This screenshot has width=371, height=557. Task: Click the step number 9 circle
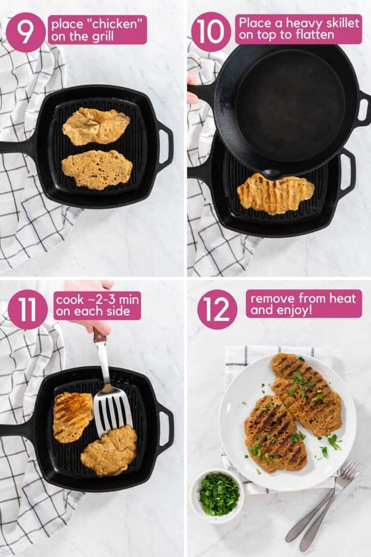click(x=26, y=32)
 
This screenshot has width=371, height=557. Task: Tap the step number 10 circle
click(x=211, y=32)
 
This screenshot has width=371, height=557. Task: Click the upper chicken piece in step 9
click(x=96, y=126)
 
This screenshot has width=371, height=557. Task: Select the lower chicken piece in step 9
click(x=97, y=170)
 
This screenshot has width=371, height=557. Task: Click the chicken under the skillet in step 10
click(x=275, y=193)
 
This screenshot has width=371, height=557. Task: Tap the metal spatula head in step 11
click(x=112, y=410)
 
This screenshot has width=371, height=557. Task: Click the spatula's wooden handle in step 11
click(x=100, y=336)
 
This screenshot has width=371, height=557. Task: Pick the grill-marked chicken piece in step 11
click(x=72, y=416)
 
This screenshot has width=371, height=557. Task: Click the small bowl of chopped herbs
click(x=219, y=494)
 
